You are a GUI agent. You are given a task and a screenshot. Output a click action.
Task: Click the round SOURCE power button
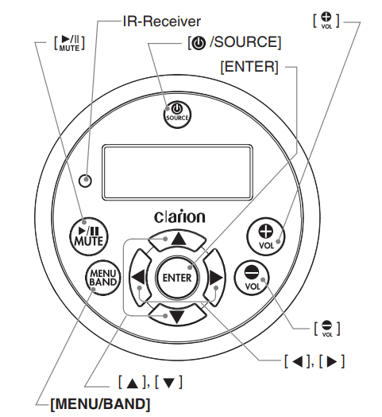point(176,113)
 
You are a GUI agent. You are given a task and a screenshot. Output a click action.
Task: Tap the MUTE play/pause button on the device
point(81,232)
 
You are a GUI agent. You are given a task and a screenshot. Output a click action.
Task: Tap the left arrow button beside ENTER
point(137,276)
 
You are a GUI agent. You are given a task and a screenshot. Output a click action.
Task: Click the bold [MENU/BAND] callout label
point(100,403)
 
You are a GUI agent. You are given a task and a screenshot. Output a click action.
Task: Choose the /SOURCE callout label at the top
point(234,41)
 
